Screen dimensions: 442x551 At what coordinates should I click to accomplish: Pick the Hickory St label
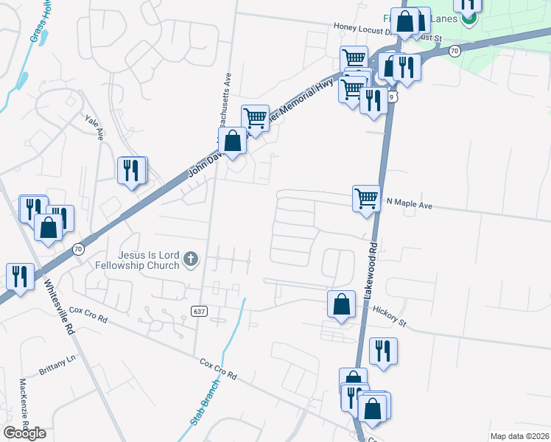389,316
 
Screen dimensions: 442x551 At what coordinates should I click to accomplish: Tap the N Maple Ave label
409,205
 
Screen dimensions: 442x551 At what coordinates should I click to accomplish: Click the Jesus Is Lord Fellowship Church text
137,259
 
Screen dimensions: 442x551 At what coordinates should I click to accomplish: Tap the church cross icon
191,259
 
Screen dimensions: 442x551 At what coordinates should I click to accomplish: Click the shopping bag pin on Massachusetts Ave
232,141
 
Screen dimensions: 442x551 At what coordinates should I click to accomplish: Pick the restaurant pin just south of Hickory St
382,352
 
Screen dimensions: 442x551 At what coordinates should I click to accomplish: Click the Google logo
24,433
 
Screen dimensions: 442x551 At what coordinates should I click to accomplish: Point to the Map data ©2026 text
519,436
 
